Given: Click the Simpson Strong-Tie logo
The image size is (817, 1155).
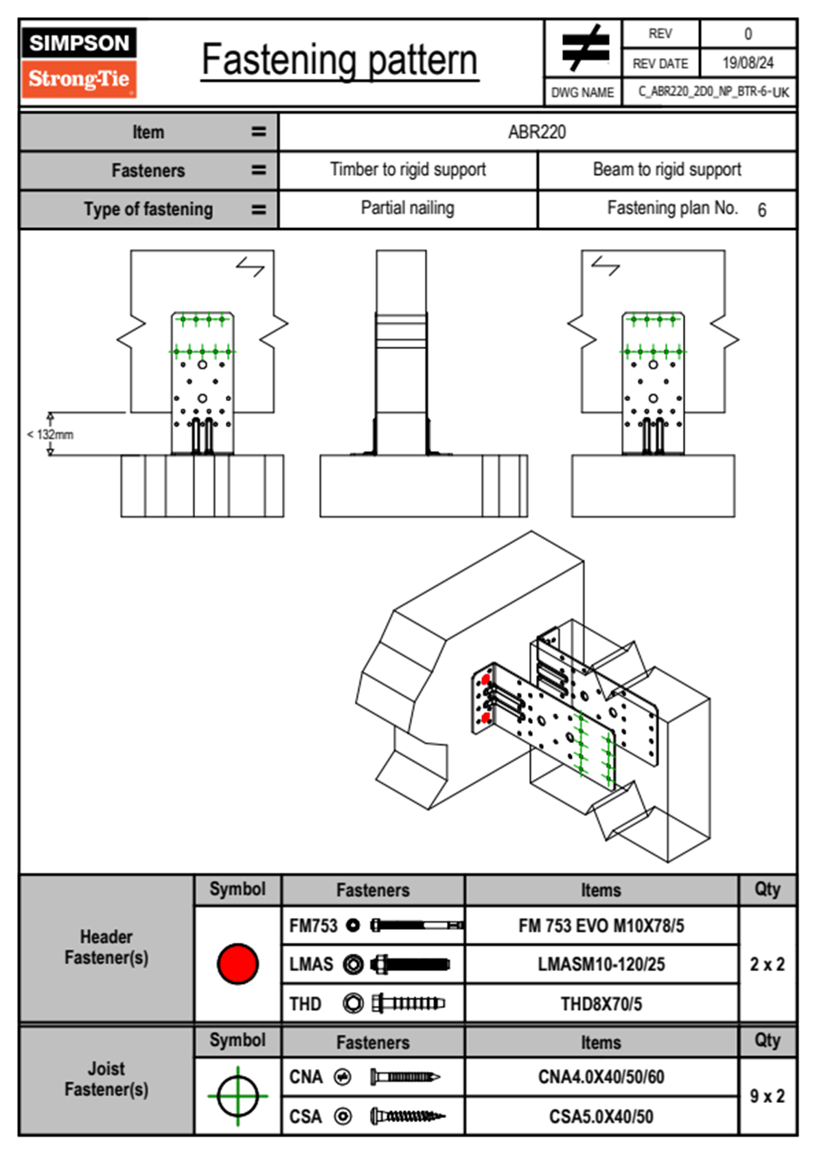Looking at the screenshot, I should pyautogui.click(x=79, y=62).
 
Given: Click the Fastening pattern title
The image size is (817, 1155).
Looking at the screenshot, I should pyautogui.click(x=340, y=60).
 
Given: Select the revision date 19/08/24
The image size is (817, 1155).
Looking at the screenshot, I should pyautogui.click(x=748, y=63).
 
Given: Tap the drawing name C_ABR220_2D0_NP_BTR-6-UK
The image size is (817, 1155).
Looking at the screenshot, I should pyautogui.click(x=713, y=92).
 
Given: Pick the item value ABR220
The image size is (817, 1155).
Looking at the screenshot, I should pyautogui.click(x=537, y=132).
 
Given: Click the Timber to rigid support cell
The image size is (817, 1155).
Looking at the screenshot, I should pyautogui.click(x=408, y=170).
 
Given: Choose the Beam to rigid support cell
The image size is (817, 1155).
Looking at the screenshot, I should pyautogui.click(x=667, y=170).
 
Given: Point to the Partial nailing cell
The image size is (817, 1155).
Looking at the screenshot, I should pyautogui.click(x=408, y=208).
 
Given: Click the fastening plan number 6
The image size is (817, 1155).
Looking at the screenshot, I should pyautogui.click(x=761, y=210).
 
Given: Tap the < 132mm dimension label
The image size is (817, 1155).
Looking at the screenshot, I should pyautogui.click(x=50, y=435).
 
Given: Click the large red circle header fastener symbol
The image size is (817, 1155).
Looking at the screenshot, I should pyautogui.click(x=238, y=963).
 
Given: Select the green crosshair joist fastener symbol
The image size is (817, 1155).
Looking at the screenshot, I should pyautogui.click(x=238, y=1096).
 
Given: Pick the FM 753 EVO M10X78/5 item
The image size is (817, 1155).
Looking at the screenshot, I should pyautogui.click(x=601, y=926).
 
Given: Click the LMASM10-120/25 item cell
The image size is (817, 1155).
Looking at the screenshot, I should pyautogui.click(x=601, y=965).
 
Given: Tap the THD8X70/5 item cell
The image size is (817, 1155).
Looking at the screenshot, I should pyautogui.click(x=601, y=1004).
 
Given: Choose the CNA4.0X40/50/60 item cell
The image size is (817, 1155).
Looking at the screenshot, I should pyautogui.click(x=601, y=1077).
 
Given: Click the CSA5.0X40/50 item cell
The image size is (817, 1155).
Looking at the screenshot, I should pyautogui.click(x=601, y=1117).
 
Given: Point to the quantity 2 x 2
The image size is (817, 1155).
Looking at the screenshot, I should pyautogui.click(x=767, y=964).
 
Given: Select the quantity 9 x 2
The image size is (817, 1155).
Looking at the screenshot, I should pyautogui.click(x=767, y=1096).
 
